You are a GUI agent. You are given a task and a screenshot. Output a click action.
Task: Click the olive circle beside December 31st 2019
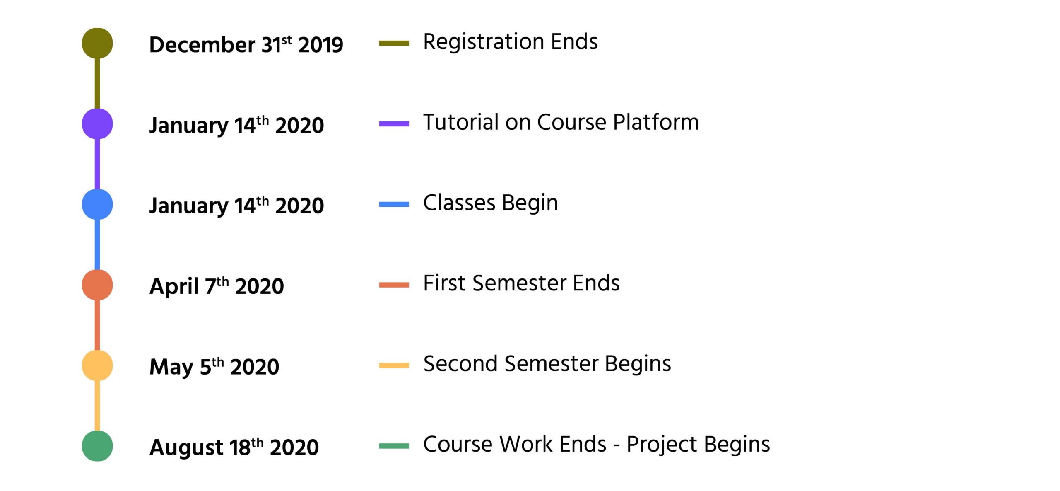click(x=97, y=43)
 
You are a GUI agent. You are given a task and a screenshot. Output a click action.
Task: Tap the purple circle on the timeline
click(x=97, y=123)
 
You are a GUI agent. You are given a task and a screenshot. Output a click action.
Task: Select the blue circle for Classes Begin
click(x=97, y=204)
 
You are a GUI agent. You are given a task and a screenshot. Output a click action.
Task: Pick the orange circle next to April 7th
click(x=97, y=285)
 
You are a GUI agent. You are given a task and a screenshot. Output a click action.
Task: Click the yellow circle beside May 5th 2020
click(x=97, y=365)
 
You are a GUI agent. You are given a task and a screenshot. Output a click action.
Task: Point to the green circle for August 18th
click(x=97, y=446)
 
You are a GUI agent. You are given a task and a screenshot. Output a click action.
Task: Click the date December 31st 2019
click(x=246, y=44)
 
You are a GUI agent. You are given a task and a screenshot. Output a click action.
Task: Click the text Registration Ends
click(x=511, y=42)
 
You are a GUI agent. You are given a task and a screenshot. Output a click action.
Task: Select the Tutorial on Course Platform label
click(x=561, y=122)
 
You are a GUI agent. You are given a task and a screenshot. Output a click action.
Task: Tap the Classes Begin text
click(x=491, y=203)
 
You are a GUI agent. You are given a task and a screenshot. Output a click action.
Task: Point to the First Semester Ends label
click(x=521, y=283)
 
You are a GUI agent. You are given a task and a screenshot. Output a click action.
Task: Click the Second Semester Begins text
click(x=547, y=364)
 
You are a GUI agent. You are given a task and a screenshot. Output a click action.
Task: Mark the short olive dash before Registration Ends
click(x=394, y=43)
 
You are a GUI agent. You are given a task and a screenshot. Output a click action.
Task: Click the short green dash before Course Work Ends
click(x=394, y=446)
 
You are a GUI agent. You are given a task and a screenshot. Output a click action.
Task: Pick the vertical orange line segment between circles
click(x=97, y=325)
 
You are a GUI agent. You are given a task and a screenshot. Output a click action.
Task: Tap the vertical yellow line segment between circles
click(x=97, y=406)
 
